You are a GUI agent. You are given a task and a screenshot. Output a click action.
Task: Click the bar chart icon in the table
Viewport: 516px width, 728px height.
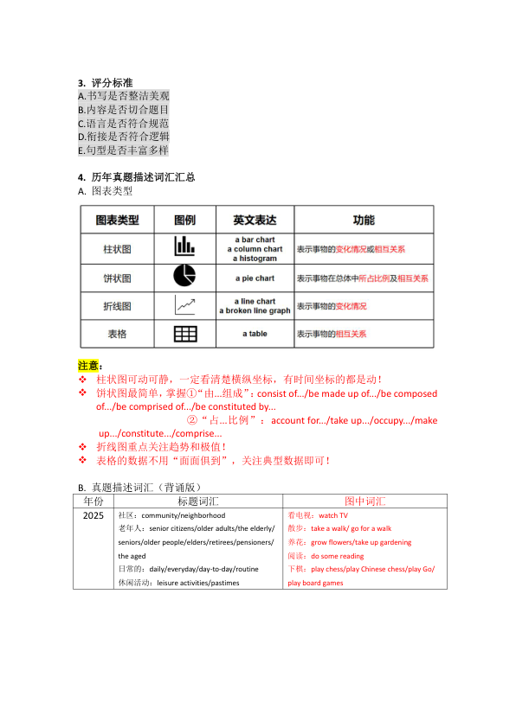[184, 247]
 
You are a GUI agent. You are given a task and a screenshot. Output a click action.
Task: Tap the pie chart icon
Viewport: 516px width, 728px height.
[184, 277]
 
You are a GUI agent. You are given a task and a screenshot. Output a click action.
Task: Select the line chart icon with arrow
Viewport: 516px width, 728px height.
[184, 305]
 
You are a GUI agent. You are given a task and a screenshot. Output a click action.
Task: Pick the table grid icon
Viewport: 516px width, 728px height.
[184, 334]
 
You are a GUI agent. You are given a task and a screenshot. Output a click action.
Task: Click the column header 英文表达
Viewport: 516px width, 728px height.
[255, 220]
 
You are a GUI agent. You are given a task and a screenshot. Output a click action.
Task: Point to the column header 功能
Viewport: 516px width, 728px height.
[364, 220]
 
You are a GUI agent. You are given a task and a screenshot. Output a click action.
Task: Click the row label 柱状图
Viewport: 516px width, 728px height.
[117, 249]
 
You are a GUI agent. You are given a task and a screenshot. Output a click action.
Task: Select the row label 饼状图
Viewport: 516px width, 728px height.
[117, 278]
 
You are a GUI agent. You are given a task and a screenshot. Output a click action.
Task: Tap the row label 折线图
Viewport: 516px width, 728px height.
[117, 306]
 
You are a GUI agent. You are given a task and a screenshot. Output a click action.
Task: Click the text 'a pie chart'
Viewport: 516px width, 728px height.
[255, 278]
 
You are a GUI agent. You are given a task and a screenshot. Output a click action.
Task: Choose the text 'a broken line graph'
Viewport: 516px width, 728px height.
[255, 311]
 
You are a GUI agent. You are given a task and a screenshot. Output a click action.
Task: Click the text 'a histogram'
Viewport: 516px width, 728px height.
[255, 259]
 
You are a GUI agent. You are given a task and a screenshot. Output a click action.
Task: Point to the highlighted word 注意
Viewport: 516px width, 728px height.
[88, 365]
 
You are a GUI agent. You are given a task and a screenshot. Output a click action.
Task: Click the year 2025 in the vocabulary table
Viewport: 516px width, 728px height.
[94, 515]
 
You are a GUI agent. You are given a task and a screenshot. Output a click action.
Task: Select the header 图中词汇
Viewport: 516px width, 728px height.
[364, 501]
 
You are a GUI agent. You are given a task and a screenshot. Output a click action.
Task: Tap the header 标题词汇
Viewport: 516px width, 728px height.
[197, 501]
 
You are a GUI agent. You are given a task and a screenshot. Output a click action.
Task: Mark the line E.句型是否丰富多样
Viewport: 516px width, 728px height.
[123, 150]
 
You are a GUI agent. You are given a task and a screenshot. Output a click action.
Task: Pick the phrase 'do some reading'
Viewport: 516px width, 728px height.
[337, 556]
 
